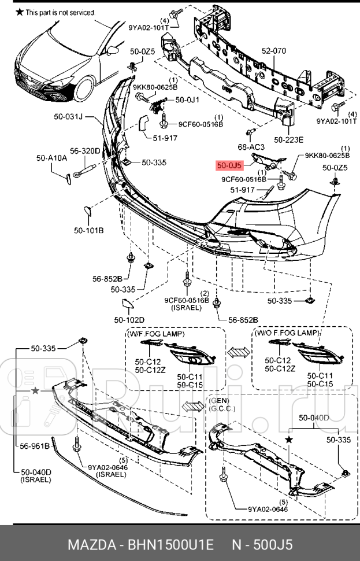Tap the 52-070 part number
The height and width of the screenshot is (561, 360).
click(x=273, y=51)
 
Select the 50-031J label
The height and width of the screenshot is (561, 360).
click(x=69, y=117)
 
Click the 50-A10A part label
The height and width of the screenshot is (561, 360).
click(x=51, y=157)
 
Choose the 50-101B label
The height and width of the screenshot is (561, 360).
click(x=88, y=230)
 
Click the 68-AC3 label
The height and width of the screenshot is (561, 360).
click(x=250, y=147)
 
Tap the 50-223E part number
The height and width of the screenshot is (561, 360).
click(x=288, y=139)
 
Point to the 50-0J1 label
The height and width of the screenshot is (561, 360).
click(x=188, y=99)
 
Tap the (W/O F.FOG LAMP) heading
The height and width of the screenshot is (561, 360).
click(x=285, y=333)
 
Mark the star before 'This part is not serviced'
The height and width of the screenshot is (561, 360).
click(x=20, y=12)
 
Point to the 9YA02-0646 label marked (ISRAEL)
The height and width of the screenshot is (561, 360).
click(x=108, y=467)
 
